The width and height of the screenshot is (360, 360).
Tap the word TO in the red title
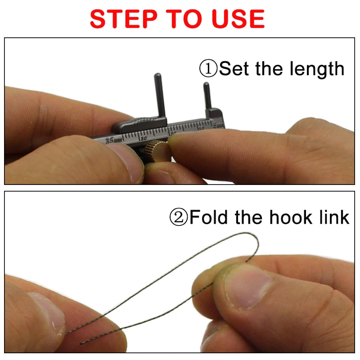182,18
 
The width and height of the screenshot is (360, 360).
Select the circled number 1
208,69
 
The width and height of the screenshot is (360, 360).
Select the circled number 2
179,217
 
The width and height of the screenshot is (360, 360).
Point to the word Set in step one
234,69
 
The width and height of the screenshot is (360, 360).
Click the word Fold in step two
209,217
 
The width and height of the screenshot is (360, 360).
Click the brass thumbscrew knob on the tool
160,151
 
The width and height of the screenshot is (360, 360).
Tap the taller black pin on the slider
159,94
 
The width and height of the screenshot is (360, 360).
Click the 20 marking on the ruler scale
143,138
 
